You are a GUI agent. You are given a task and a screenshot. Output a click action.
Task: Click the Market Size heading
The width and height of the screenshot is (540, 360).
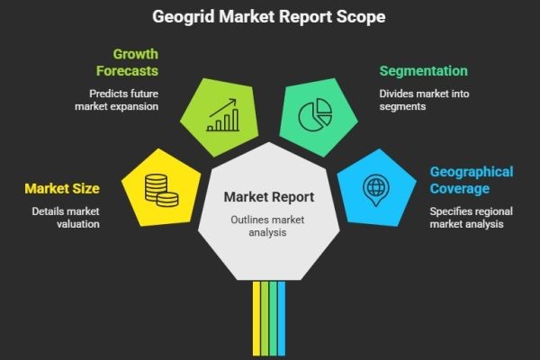[62, 188]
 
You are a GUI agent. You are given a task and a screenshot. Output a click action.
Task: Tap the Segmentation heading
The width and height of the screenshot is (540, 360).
[423, 70]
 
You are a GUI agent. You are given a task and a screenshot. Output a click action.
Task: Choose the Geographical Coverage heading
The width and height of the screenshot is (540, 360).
[472, 180]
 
